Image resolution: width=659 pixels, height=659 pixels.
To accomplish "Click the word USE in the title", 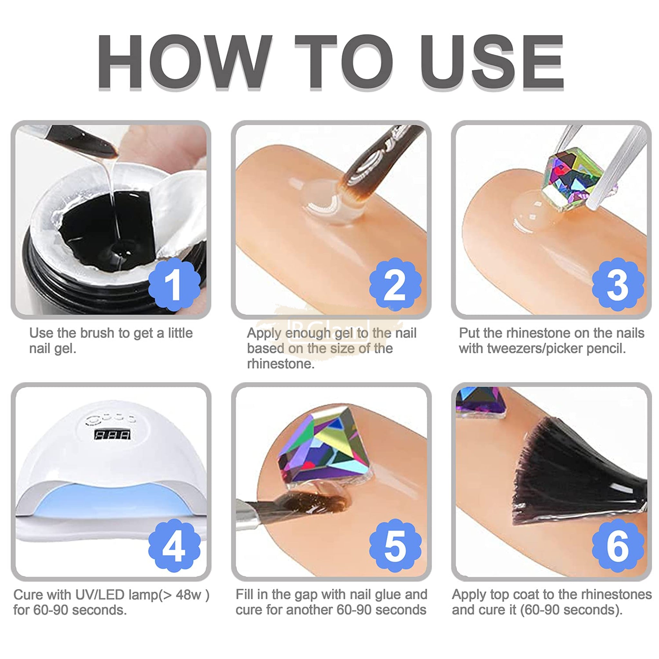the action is point(492,62).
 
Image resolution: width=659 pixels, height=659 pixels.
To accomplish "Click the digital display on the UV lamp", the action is point(112,435).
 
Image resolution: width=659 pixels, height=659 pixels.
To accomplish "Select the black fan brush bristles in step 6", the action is point(576,474).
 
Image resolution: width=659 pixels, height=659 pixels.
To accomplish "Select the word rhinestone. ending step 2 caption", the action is point(281,364).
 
